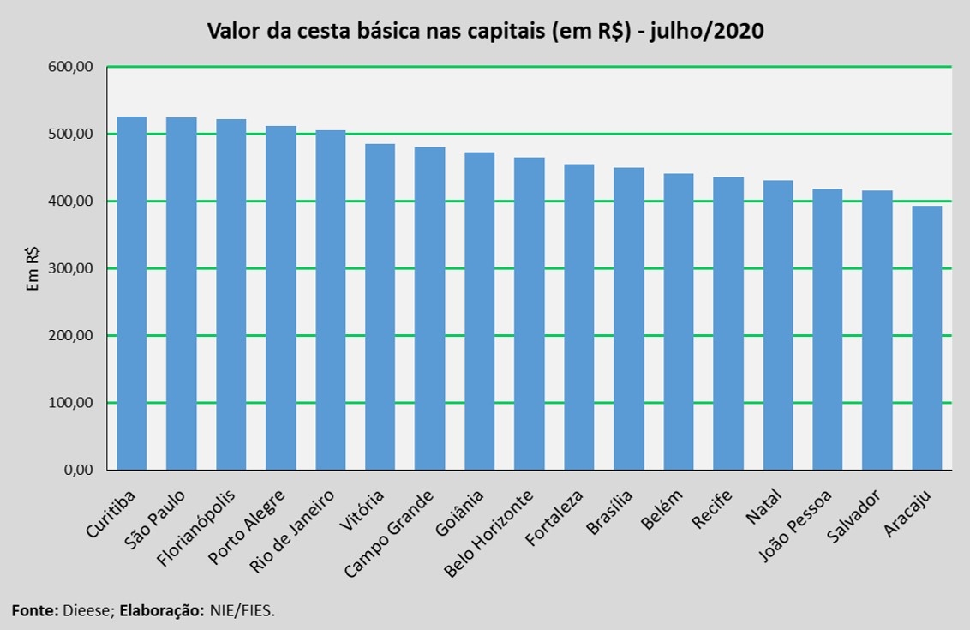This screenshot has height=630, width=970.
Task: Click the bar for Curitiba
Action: (x=131, y=293)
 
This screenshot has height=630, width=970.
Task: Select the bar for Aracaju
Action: (x=926, y=338)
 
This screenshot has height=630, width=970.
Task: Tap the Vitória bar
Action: (x=380, y=307)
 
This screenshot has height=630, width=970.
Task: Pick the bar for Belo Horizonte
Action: (x=529, y=314)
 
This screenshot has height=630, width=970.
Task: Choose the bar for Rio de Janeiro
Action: (x=330, y=300)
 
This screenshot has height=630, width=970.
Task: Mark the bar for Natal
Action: (x=777, y=326)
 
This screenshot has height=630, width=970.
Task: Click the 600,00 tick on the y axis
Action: (x=76, y=67)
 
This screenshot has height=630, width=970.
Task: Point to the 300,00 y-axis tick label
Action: (x=76, y=268)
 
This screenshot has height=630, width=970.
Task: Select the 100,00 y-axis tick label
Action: (x=76, y=403)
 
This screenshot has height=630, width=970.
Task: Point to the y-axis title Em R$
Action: (x=33, y=268)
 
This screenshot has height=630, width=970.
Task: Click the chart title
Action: (x=485, y=32)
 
